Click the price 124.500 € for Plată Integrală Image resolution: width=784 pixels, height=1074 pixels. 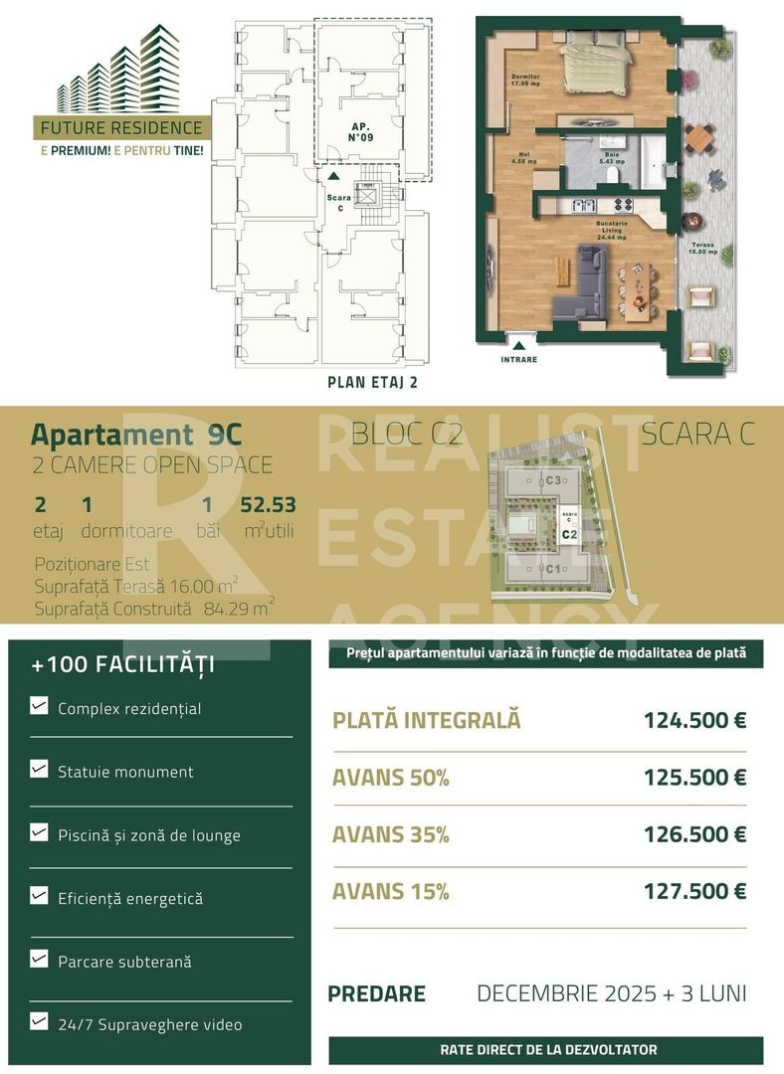point(694,720)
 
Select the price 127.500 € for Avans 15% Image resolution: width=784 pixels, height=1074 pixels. point(694,891)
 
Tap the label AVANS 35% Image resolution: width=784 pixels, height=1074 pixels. point(391,834)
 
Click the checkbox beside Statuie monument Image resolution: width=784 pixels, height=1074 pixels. point(39,770)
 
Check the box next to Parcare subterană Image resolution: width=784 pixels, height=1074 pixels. point(39,960)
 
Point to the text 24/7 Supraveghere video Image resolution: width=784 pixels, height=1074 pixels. point(149,1024)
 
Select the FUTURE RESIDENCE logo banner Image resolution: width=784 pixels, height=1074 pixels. point(119,128)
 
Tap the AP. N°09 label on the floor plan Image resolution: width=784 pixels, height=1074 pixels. point(360,132)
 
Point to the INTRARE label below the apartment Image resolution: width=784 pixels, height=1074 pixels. point(518,359)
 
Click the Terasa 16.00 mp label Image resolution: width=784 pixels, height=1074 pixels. point(703,248)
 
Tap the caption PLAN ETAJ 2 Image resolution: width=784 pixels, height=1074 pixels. point(372,381)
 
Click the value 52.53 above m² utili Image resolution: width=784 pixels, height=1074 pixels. point(268,504)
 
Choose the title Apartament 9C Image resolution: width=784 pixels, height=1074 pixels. point(135,435)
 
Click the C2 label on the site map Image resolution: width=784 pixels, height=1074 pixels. point(569,534)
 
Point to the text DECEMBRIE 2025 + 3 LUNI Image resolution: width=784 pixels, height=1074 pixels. point(611,992)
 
